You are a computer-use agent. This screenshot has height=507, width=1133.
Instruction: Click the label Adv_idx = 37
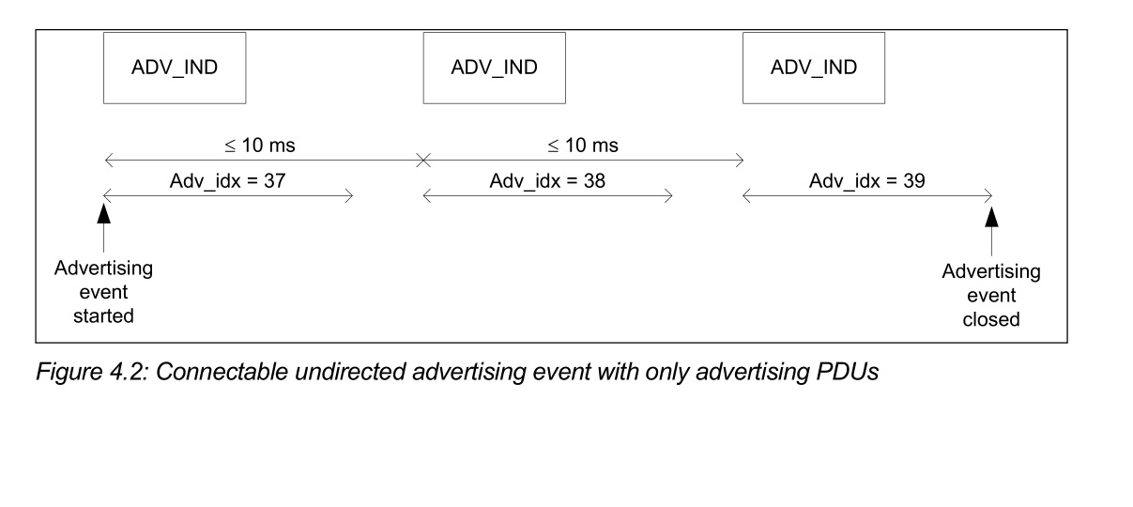pyautogui.click(x=227, y=181)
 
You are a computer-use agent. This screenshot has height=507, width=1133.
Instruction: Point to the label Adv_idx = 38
pyautogui.click(x=547, y=181)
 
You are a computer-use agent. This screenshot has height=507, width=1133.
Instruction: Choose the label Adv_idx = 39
pyautogui.click(x=867, y=181)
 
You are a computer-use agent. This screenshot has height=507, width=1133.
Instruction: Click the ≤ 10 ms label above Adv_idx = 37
pyautogui.click(x=260, y=146)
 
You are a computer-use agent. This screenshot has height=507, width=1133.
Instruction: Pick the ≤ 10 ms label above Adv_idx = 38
pyautogui.click(x=583, y=146)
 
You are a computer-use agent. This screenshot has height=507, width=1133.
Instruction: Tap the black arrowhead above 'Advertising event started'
pyautogui.click(x=103, y=213)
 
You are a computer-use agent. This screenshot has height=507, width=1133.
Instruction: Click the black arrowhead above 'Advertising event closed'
pyautogui.click(x=991, y=217)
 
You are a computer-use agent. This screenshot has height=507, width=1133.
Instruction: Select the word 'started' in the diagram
pyautogui.click(x=103, y=316)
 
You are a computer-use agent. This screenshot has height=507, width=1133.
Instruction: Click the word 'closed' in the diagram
pyautogui.click(x=991, y=320)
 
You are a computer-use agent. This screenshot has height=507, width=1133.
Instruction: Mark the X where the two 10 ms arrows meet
pyautogui.click(x=423, y=161)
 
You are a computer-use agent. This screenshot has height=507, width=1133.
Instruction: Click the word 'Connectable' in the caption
pyautogui.click(x=222, y=372)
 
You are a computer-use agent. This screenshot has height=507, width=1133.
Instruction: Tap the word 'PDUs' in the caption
pyautogui.click(x=848, y=372)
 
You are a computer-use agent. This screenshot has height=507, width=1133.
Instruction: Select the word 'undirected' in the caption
pyautogui.click(x=350, y=372)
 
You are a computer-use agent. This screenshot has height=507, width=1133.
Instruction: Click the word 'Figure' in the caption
pyautogui.click(x=69, y=373)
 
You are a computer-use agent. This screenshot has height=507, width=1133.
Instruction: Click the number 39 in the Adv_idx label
pyautogui.click(x=914, y=181)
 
